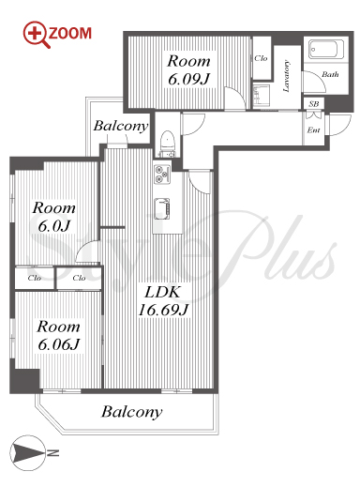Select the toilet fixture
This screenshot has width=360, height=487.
pyautogui.click(x=168, y=144)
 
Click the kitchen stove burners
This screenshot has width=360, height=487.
pyautogui.click(x=162, y=175)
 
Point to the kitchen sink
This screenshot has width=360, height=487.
pyautogui.click(x=162, y=206)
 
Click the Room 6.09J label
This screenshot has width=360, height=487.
pyautogui.click(x=188, y=69)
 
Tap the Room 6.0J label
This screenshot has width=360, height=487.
pyautogui.click(x=53, y=217)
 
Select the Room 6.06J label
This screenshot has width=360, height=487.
pyautogui.click(x=58, y=336)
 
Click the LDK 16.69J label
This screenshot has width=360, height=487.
pyautogui.click(x=163, y=301)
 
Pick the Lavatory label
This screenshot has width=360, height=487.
pyautogui.click(x=286, y=76)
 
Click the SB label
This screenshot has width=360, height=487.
pyautogui.click(x=313, y=103)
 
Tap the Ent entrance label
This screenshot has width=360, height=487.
pyautogui.click(x=313, y=129)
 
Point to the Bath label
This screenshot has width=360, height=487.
pyautogui.click(x=330, y=74)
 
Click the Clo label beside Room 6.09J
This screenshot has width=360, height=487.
pyautogui.click(x=261, y=58)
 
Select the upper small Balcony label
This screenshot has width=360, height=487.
pyautogui.click(x=121, y=126)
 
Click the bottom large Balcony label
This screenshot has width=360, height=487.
pyautogui.click(x=131, y=412)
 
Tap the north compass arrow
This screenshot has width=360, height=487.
pyautogui.click(x=27, y=452)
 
